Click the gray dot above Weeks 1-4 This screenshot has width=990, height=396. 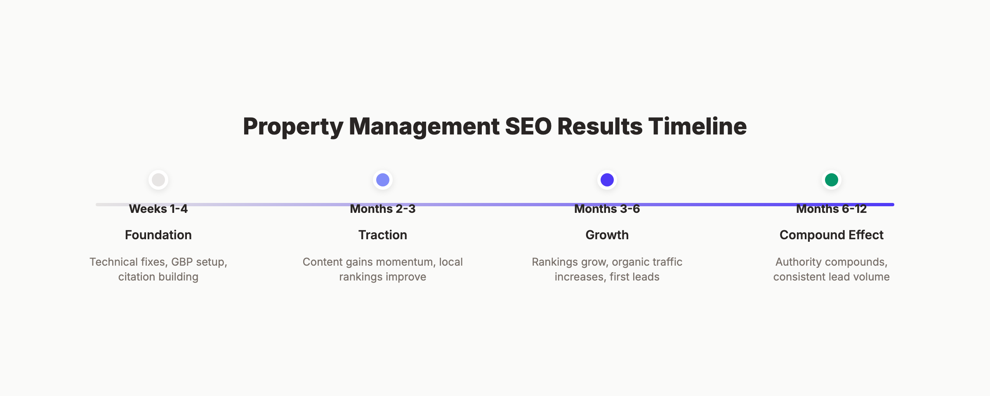(x=158, y=180)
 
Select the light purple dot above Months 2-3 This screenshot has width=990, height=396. (x=383, y=180)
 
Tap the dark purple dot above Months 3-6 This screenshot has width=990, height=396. (x=607, y=180)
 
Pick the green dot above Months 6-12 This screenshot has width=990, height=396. (x=832, y=180)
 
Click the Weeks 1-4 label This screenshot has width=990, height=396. (x=158, y=209)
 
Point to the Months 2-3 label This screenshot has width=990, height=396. (x=383, y=209)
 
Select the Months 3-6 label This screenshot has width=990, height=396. (x=607, y=209)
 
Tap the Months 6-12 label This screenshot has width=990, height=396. (x=832, y=209)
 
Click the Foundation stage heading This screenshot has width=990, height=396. (x=158, y=235)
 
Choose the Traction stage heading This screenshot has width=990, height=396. (x=383, y=235)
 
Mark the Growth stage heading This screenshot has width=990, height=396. (x=607, y=235)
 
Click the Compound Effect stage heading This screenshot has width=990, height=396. (x=832, y=235)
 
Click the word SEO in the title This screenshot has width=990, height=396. (x=528, y=126)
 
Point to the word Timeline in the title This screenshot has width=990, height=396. (x=697, y=126)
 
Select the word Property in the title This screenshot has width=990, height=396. (x=293, y=127)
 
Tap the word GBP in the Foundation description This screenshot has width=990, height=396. (x=182, y=262)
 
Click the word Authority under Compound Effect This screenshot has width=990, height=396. (x=799, y=262)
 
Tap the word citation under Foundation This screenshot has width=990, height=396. (x=137, y=277)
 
